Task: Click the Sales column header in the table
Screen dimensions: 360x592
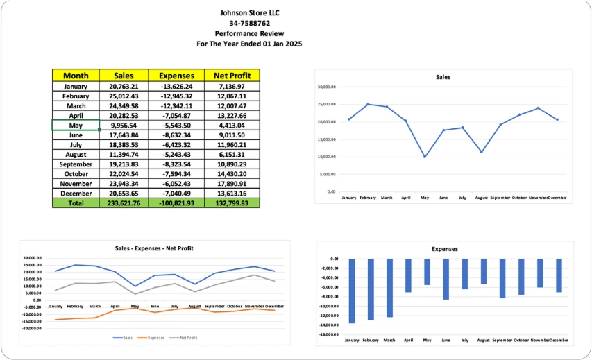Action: tap(124, 76)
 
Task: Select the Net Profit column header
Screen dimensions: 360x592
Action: tap(231, 76)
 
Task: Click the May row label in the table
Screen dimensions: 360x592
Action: tap(76, 126)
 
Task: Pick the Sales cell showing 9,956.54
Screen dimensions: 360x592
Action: tap(124, 126)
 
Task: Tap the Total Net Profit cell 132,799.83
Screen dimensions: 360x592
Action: tap(231, 203)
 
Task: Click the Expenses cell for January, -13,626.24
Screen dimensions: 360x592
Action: tap(176, 87)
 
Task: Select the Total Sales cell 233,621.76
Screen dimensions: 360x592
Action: tap(124, 203)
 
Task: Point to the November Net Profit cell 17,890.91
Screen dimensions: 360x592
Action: tap(231, 184)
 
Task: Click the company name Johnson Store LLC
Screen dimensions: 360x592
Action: tap(250, 12)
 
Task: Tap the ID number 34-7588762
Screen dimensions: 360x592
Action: tap(250, 23)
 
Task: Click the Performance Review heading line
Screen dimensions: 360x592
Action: tap(250, 33)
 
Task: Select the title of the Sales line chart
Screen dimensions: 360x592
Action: tap(443, 77)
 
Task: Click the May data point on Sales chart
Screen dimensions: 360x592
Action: tap(425, 157)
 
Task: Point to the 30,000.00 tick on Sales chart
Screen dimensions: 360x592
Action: tap(327, 87)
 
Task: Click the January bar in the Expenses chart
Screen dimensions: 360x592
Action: tap(352, 291)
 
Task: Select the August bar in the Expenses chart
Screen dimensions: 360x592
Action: tap(483, 271)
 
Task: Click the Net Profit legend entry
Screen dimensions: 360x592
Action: tap(185, 338)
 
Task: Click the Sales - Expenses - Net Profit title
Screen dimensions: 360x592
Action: tap(154, 248)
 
